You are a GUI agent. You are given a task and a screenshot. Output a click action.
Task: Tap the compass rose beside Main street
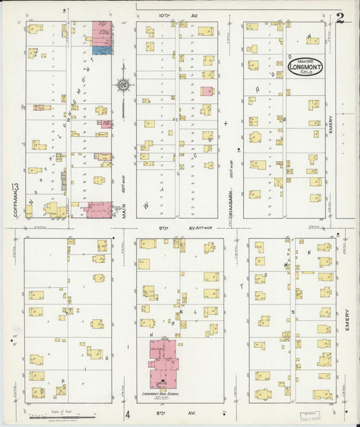pyautogui.click(x=124, y=84)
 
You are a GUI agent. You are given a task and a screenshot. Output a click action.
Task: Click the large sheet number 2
pyautogui.click(x=340, y=18)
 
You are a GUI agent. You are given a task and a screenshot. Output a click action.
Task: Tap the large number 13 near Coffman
pyautogui.click(x=14, y=187)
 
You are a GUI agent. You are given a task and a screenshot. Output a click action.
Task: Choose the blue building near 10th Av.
pyautogui.click(x=102, y=50)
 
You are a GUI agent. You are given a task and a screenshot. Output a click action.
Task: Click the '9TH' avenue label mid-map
pyautogui.click(x=163, y=228)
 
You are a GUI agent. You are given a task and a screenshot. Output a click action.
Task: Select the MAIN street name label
pyautogui.click(x=125, y=211)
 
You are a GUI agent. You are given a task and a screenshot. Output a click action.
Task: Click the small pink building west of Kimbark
pyautogui.click(x=207, y=91)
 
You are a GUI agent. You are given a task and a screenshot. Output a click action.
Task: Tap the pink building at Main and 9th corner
pyautogui.click(x=100, y=209)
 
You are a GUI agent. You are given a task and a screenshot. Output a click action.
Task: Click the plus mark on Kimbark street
pyautogui.click(x=226, y=123)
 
